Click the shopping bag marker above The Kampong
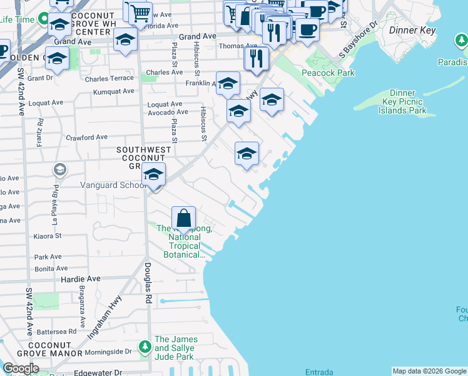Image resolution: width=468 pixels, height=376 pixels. [183, 219]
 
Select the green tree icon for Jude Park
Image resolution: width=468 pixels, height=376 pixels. [145, 346]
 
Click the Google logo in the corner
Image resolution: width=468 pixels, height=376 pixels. [21, 368]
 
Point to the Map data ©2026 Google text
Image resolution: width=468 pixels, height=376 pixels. [429, 371]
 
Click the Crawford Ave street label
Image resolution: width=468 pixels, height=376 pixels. [87, 137]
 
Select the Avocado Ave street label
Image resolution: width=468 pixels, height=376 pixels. [168, 113]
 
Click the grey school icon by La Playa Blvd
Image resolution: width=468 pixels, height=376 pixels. [59, 169]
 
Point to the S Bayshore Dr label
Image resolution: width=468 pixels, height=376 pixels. [359, 39]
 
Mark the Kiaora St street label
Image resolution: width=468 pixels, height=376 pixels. [48, 236]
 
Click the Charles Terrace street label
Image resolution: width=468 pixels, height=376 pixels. [109, 78]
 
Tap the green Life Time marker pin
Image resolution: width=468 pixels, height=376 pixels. [43, 19]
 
